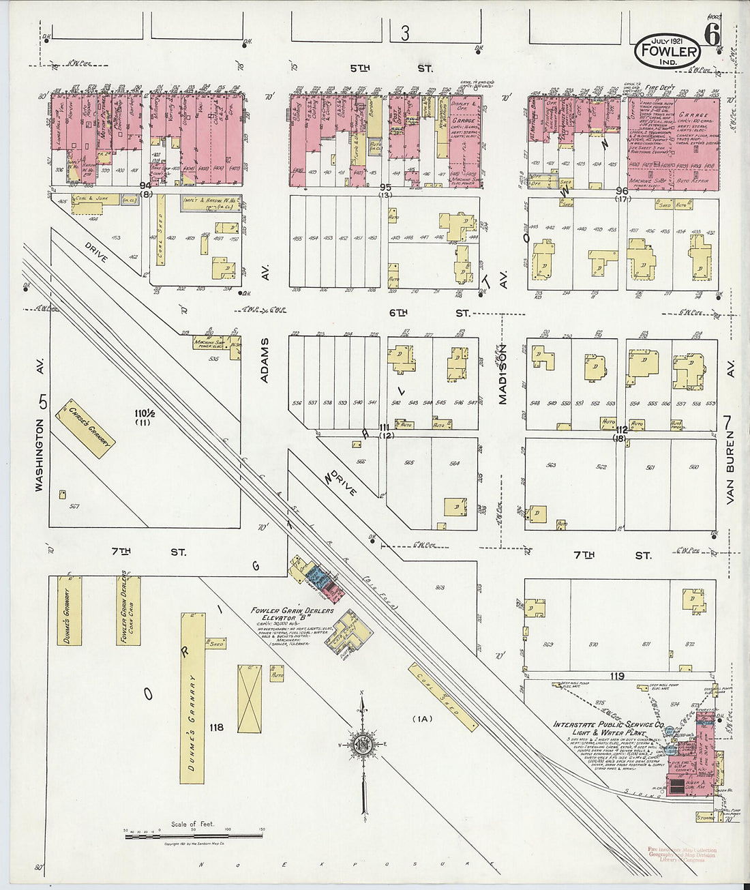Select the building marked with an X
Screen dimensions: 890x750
pyautogui.click(x=250, y=698)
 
